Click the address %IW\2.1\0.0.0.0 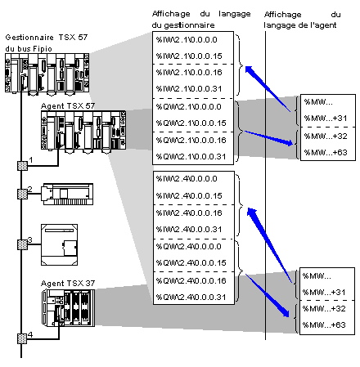coord(187,40)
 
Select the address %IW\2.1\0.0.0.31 coord(189,89)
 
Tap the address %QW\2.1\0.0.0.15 coord(191,123)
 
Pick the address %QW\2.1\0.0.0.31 coord(191,157)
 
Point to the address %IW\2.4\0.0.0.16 coord(189,213)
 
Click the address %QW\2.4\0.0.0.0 coord(188,247)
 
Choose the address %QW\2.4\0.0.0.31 coord(191,297)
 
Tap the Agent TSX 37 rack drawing coord(68,308)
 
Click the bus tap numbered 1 coord(22,166)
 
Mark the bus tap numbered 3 coord(22,244)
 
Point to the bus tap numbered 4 coord(22,338)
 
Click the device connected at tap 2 coord(67,194)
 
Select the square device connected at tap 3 coord(59,244)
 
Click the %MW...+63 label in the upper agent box coord(326,152)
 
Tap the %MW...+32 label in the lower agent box coord(324,309)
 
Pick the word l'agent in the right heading coord(323,25)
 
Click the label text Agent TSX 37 coord(68,284)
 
